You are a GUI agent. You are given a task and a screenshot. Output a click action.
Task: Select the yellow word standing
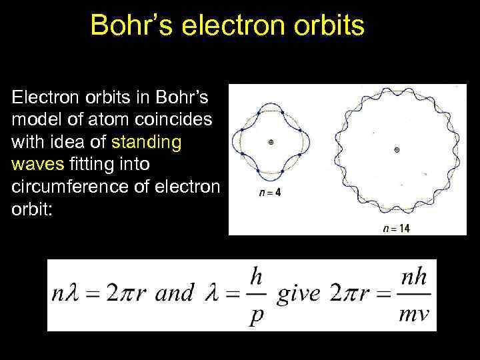click(x=147, y=143)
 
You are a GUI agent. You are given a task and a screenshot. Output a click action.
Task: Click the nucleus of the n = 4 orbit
click(x=271, y=142)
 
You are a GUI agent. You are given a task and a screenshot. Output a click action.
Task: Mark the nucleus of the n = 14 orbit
click(x=397, y=150)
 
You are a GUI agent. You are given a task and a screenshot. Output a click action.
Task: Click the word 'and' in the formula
click(x=175, y=293)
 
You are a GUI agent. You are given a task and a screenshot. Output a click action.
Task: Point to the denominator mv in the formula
click(x=415, y=313)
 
